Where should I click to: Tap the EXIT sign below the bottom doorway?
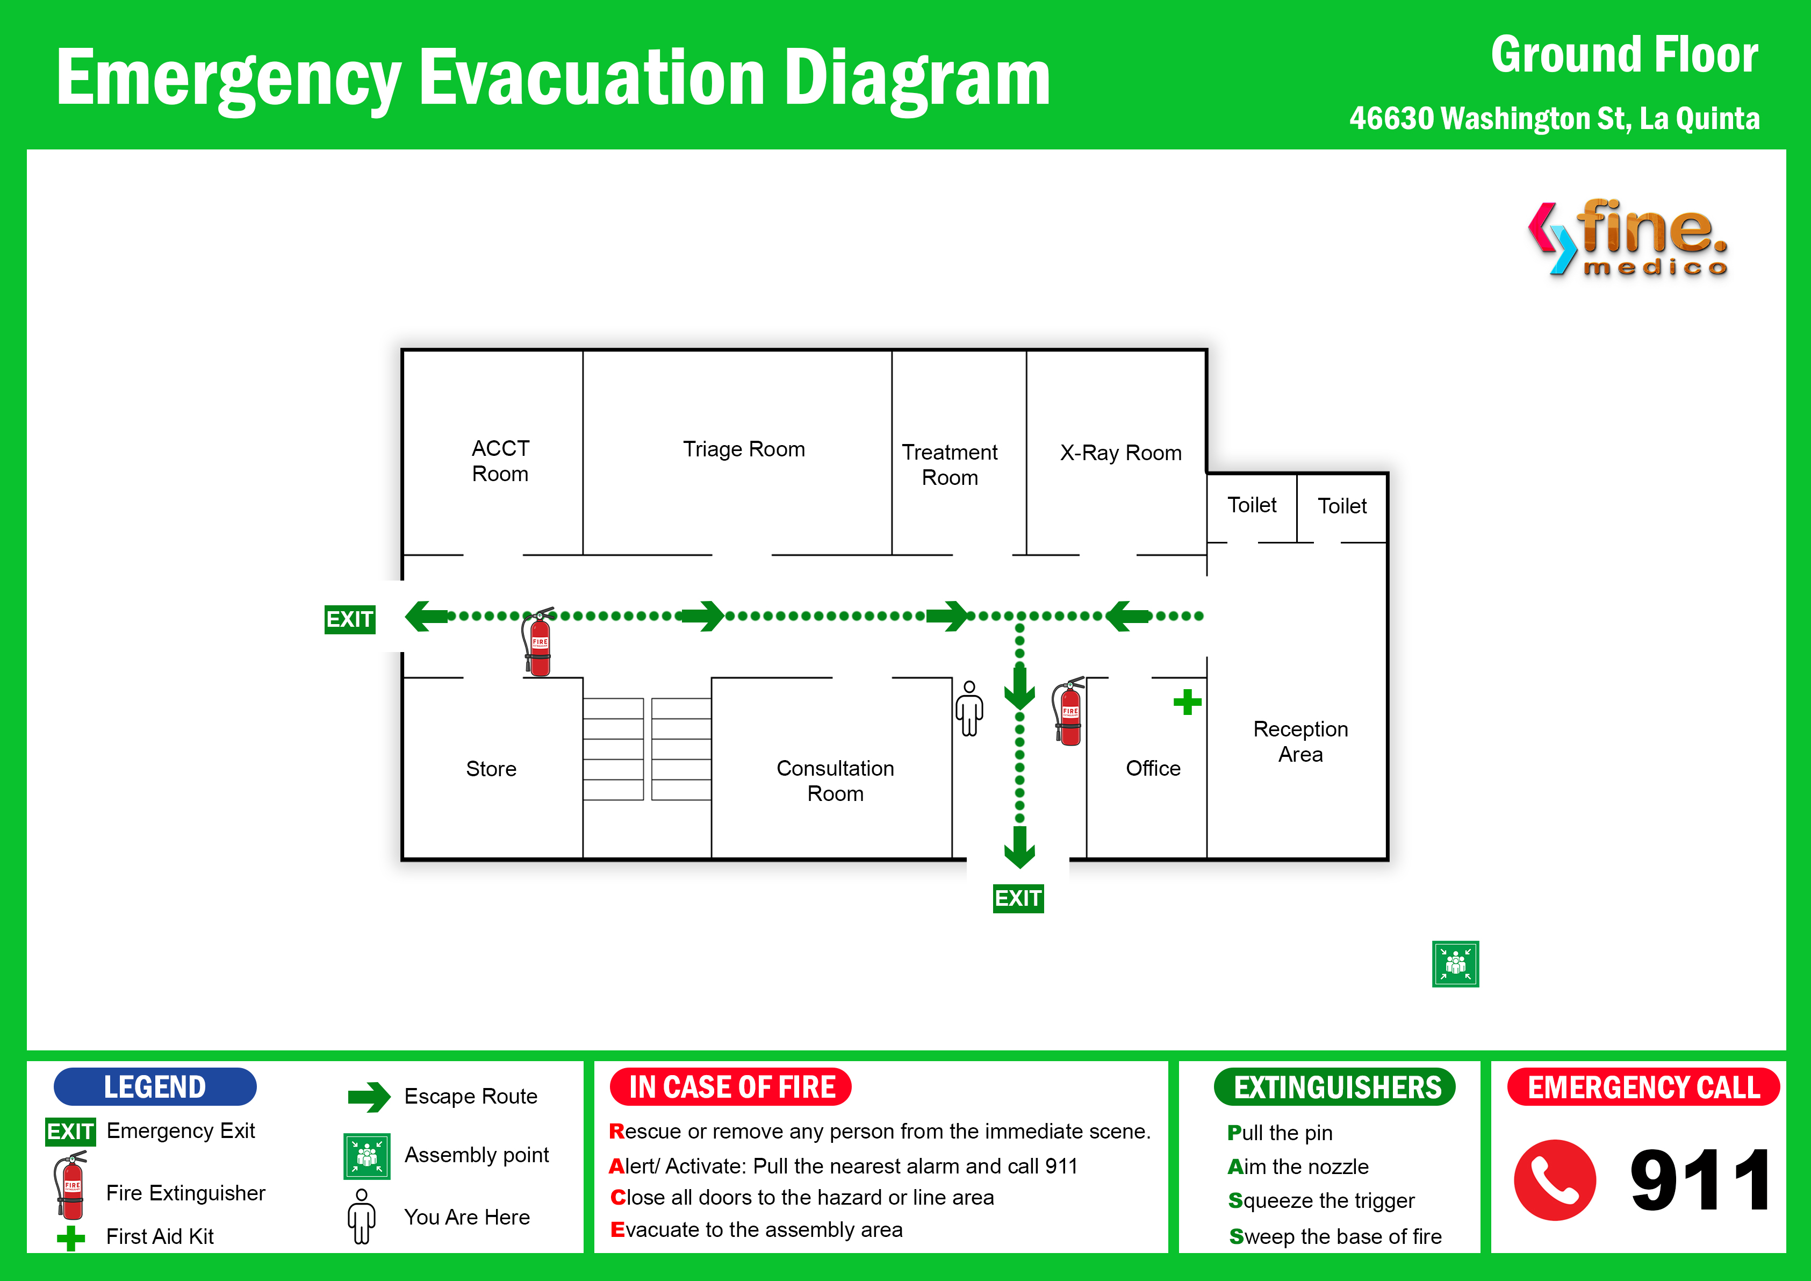(x=1018, y=898)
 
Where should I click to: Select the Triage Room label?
(x=744, y=449)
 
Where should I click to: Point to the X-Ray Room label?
(x=1121, y=453)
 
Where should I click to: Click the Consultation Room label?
(x=835, y=781)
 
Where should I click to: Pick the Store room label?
(x=491, y=769)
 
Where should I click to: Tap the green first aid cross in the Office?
(x=1187, y=702)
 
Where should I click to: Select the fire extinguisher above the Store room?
(x=538, y=642)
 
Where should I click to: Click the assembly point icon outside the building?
(x=1455, y=964)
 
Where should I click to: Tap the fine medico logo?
(x=1628, y=237)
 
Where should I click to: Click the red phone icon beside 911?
(x=1555, y=1180)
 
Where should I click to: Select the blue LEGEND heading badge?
(x=155, y=1087)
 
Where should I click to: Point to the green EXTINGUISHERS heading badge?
(x=1335, y=1087)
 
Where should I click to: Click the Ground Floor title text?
(x=1624, y=55)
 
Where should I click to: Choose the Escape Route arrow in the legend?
(x=369, y=1097)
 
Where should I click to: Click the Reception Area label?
(x=1300, y=741)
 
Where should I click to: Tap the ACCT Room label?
(x=500, y=461)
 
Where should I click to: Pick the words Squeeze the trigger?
(x=1321, y=1200)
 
